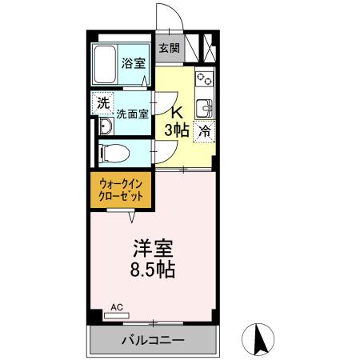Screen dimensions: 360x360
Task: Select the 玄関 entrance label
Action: pyautogui.click(x=168, y=48)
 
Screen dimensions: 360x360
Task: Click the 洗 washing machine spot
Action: pyautogui.click(x=102, y=102)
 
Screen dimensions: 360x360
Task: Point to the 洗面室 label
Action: pyautogui.click(x=132, y=114)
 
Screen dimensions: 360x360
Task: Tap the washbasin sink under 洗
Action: pyautogui.click(x=104, y=126)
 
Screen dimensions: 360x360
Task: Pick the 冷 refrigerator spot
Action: pyautogui.click(x=205, y=130)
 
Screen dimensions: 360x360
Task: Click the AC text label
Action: pyautogui.click(x=117, y=306)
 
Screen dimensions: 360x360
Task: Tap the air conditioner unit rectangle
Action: pyautogui.click(x=117, y=315)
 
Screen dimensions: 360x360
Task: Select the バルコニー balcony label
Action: pyautogui.click(x=153, y=340)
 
